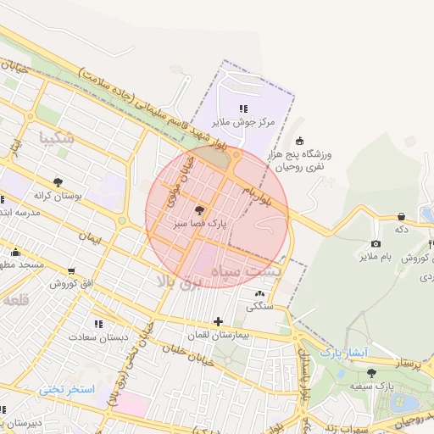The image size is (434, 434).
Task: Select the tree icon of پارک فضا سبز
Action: [200, 210]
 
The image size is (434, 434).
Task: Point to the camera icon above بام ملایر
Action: [376, 243]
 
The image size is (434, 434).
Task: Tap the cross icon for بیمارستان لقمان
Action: [219, 321]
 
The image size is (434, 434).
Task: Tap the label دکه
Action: [402, 229]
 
